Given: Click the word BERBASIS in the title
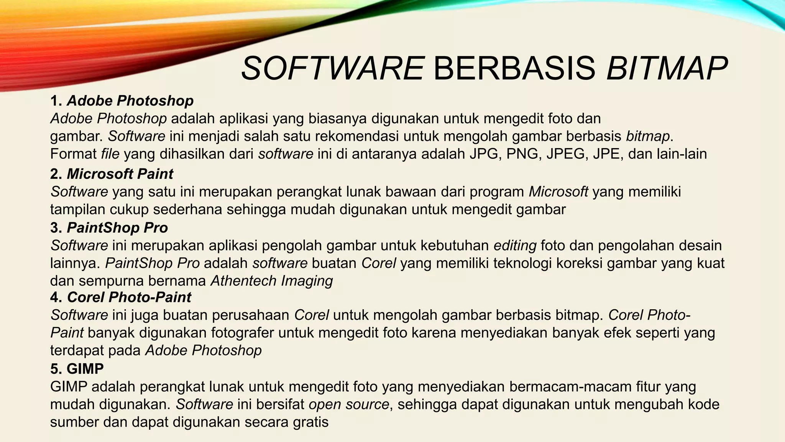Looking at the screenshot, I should (x=514, y=69).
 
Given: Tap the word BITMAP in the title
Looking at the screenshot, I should (x=667, y=69).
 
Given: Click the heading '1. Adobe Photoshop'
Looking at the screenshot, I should (x=122, y=101).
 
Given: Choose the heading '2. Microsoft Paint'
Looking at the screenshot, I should (x=112, y=174).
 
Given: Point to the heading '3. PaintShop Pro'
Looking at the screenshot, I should (x=109, y=228).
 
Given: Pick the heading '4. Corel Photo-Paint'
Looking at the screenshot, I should (x=121, y=297).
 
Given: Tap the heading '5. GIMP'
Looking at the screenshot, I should (x=77, y=369).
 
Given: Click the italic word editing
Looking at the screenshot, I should (x=515, y=246).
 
